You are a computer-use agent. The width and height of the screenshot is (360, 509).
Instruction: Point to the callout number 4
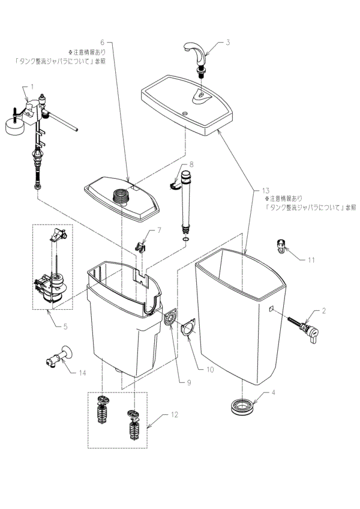coord(273,394)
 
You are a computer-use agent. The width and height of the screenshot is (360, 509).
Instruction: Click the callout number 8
coord(191,164)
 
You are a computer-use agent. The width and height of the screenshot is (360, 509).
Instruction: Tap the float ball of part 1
coord(10,124)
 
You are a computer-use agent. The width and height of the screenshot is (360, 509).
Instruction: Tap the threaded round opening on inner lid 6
coord(123,194)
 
